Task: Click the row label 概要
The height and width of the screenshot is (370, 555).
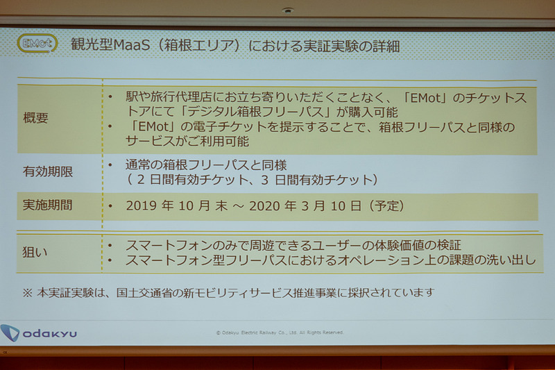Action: click(36, 118)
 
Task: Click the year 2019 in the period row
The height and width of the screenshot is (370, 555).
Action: click(143, 206)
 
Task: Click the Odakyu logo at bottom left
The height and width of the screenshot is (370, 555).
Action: click(40, 333)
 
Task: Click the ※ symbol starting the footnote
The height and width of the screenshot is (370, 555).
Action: click(27, 292)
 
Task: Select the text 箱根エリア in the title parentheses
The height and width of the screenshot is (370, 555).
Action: click(201, 45)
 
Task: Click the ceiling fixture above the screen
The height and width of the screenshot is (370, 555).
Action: click(287, 11)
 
